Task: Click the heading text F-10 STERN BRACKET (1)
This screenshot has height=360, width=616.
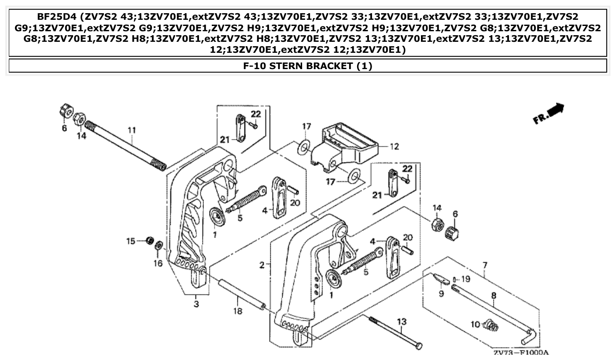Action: (x=308, y=66)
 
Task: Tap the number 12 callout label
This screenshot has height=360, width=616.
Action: (x=395, y=147)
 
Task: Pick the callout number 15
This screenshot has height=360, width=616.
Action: (x=131, y=241)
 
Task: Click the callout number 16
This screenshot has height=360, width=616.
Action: (x=158, y=263)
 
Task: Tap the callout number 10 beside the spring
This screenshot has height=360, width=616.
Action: (x=475, y=324)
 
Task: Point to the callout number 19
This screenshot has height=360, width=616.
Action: (x=466, y=279)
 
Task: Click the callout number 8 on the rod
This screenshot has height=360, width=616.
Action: (x=493, y=296)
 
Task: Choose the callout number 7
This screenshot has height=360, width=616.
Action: (x=485, y=265)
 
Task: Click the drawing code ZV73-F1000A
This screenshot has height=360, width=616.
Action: (x=520, y=353)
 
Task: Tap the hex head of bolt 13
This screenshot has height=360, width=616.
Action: (x=419, y=346)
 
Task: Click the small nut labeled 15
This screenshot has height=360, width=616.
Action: (x=150, y=240)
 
